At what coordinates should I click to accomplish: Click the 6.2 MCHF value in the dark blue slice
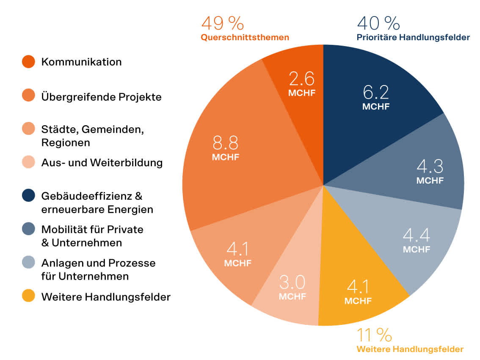click(x=376, y=97)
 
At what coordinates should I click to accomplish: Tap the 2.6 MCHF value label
click(x=302, y=84)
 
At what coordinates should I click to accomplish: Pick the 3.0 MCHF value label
click(x=292, y=288)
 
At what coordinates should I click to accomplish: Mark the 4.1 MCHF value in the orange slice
click(x=237, y=254)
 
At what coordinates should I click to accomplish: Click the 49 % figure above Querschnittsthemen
click(x=222, y=23)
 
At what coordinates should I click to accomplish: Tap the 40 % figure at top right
click(x=378, y=23)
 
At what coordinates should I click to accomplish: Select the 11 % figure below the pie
click(x=374, y=335)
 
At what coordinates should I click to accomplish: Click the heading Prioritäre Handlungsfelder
click(x=413, y=37)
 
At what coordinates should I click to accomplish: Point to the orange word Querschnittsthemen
click(x=245, y=37)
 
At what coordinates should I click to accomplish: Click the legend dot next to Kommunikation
click(x=28, y=62)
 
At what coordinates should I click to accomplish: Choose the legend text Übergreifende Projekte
click(x=101, y=97)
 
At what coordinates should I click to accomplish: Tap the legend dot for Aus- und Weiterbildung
click(x=28, y=163)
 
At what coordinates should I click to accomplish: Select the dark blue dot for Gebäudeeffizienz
click(x=28, y=196)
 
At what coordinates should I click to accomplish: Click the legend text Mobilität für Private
click(x=92, y=230)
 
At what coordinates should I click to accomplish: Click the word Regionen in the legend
click(x=66, y=143)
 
